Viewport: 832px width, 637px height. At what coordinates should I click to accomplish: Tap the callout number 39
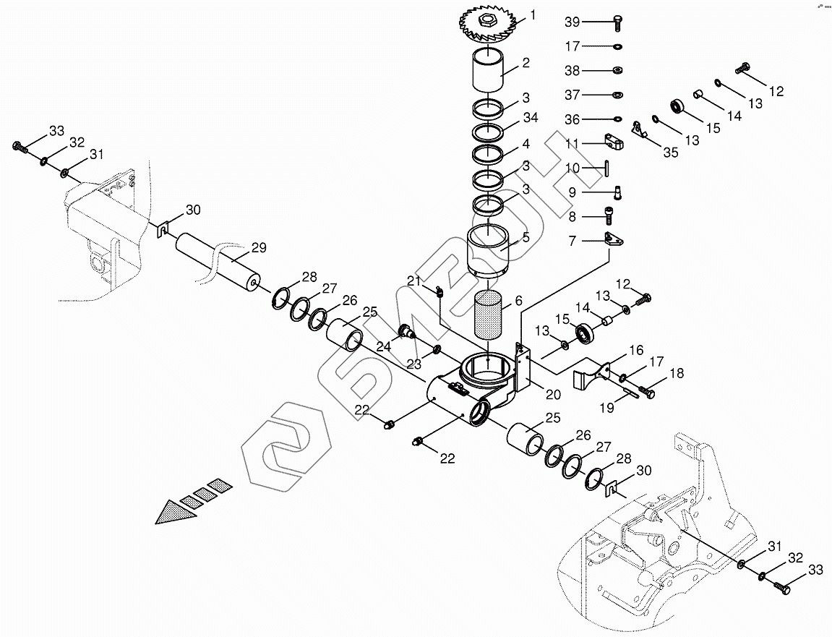pos(572,22)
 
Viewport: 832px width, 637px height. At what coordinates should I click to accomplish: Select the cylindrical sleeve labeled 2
pos(488,72)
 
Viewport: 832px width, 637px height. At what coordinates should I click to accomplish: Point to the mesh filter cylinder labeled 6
pos(489,318)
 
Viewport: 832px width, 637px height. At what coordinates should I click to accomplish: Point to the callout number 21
pos(413,281)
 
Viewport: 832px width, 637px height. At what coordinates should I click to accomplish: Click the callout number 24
pos(383,346)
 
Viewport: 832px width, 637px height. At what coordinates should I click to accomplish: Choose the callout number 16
pos(636,351)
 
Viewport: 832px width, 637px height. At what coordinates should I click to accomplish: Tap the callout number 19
pos(607,408)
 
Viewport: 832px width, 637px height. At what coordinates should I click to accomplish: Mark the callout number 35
pos(671,153)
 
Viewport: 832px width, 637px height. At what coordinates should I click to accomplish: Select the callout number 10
pos(572,168)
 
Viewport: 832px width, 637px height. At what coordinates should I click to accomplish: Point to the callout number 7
pos(572,241)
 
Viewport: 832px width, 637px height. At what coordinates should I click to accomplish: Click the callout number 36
pos(572,119)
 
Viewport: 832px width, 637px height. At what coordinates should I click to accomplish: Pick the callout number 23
pos(413,364)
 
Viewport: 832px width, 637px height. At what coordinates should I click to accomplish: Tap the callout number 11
pos(572,143)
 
